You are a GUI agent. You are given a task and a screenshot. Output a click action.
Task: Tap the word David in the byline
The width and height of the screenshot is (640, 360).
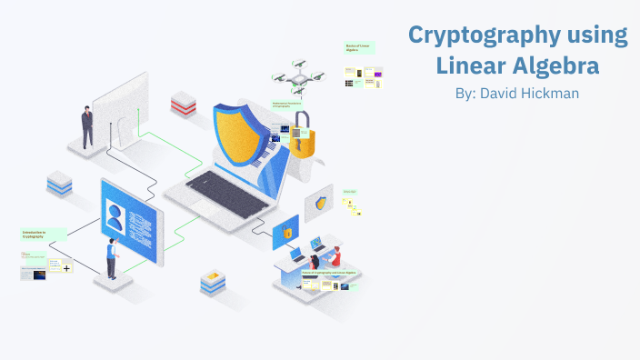point(502,94)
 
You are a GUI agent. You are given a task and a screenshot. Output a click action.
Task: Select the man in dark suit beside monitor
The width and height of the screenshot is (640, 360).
point(87,126)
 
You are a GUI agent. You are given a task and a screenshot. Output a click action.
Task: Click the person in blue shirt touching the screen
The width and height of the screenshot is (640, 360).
point(112,257)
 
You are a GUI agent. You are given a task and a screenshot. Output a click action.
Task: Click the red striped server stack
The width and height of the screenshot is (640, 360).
point(184,103)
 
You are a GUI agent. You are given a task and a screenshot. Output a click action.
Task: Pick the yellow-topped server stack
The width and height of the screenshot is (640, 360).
point(212,280)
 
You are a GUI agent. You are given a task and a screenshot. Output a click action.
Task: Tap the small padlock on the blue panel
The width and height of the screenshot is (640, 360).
point(285,233)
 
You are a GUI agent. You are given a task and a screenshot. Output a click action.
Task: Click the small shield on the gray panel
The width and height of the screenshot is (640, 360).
point(320,204)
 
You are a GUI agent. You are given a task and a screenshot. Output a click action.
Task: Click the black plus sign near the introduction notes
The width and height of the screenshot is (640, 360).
point(66,269)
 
